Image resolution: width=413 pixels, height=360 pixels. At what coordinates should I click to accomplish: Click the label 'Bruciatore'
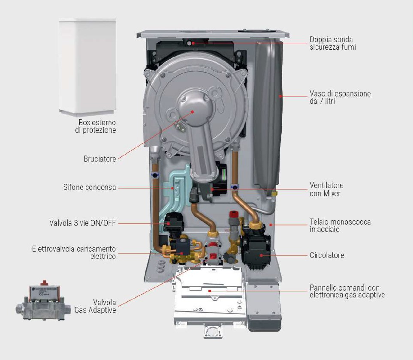click(x=99, y=159)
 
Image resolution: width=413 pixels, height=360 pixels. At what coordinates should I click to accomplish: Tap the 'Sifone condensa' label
click(x=89, y=187)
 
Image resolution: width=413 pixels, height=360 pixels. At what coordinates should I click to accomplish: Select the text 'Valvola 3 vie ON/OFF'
click(x=82, y=223)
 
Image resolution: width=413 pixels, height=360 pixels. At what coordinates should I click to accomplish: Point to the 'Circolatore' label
click(x=327, y=255)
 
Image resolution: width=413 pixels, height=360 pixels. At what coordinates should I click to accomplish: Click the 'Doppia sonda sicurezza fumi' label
click(x=332, y=43)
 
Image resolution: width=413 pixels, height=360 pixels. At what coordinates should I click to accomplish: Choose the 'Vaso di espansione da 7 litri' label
click(x=340, y=97)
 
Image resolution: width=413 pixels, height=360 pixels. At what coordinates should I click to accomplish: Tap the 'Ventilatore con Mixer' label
click(x=326, y=189)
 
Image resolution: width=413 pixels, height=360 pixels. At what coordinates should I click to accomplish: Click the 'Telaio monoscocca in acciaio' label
click(x=340, y=225)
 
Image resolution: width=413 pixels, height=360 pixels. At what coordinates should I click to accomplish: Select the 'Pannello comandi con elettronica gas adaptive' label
click(x=347, y=291)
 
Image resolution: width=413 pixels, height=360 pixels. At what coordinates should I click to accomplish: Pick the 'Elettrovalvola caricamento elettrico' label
click(x=74, y=252)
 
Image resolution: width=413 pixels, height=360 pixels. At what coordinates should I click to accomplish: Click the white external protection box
click(x=87, y=66)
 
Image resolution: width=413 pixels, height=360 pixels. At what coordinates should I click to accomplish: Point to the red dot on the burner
click(x=193, y=111)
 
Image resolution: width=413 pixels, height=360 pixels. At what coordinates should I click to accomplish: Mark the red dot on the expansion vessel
click(x=280, y=96)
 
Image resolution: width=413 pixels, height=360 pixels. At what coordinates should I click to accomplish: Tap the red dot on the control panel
click(x=210, y=291)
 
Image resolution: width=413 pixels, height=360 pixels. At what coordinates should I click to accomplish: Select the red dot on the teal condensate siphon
click(x=173, y=187)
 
